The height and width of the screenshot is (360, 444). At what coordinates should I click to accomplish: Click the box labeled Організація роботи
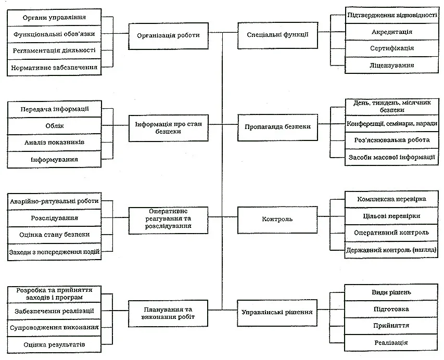[169, 36]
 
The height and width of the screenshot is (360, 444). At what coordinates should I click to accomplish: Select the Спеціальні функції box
[277, 35]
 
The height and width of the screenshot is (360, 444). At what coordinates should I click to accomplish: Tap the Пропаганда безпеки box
[277, 127]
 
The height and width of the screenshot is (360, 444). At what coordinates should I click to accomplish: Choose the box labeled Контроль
[277, 220]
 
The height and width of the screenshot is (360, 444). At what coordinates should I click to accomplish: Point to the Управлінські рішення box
[277, 313]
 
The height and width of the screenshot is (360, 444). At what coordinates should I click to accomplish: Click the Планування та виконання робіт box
[168, 314]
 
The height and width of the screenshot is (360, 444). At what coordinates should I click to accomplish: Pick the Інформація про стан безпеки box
[169, 128]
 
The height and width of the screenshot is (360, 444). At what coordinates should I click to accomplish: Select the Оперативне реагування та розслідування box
[168, 221]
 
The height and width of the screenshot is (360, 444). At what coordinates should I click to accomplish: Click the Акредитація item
[391, 32]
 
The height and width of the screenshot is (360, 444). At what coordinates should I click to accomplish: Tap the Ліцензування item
[391, 65]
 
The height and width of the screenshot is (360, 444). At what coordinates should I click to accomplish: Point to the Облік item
[54, 126]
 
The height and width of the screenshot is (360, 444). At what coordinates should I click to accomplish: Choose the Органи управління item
[54, 18]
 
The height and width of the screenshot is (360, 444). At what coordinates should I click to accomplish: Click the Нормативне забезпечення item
[54, 67]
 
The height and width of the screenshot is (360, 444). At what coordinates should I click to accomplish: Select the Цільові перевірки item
[391, 216]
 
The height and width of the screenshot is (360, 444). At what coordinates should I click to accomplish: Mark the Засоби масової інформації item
[391, 157]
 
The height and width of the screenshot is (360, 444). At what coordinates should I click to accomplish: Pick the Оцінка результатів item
[54, 344]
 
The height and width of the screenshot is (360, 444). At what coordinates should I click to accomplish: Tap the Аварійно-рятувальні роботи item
[54, 201]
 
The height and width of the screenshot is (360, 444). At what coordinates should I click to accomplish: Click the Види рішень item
[391, 292]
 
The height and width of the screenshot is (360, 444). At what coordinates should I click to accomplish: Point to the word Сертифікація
[391, 48]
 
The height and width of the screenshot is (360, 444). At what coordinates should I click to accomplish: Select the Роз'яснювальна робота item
[391, 140]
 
